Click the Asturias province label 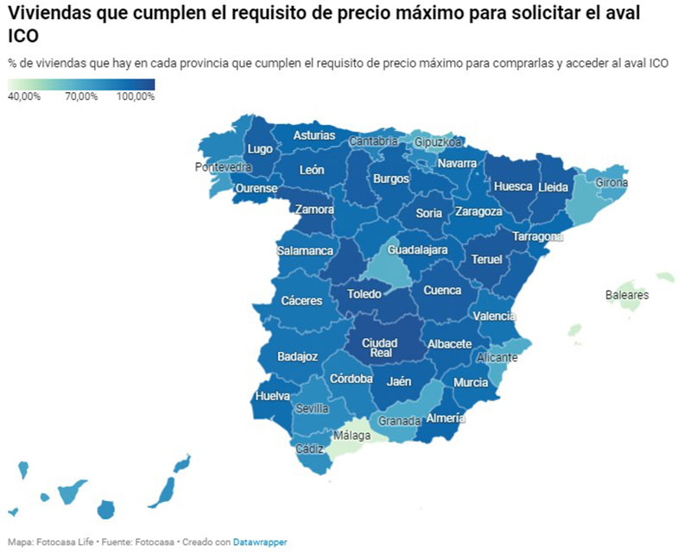(314, 135)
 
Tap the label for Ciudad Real (379, 348)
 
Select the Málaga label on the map (352, 436)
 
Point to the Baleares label (627, 295)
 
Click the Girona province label (612, 183)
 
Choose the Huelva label (273, 397)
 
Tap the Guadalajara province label (418, 250)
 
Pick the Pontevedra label (224, 166)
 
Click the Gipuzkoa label (439, 141)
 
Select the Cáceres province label (301, 301)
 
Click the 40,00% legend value (24, 97)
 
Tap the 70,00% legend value (81, 97)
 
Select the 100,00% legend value (135, 97)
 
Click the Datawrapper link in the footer (260, 542)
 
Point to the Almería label (447, 418)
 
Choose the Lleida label (553, 186)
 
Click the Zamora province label (314, 209)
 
